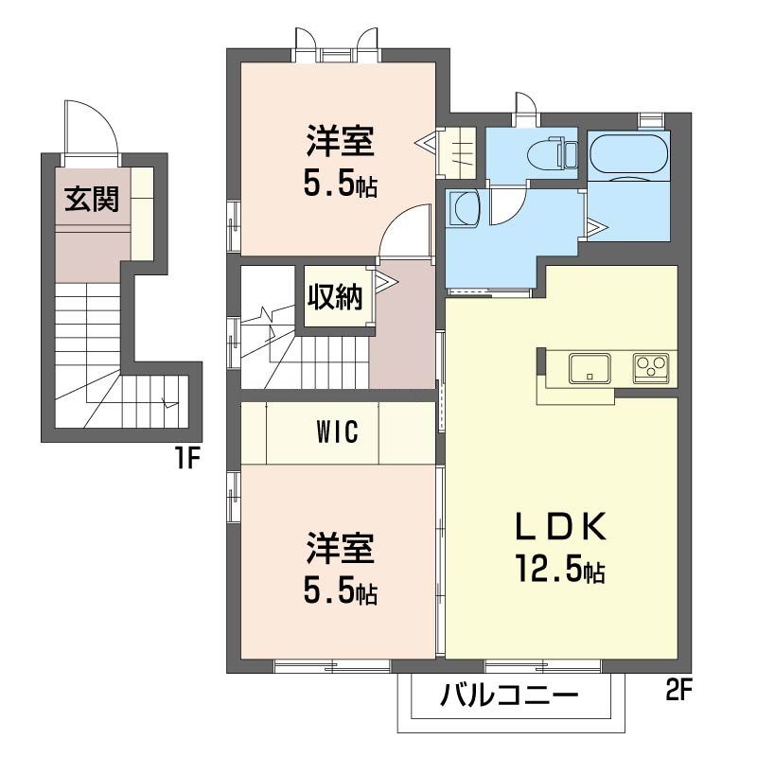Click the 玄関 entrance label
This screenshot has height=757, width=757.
92,199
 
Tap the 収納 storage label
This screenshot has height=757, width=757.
335,297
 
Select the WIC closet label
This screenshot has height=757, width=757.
338,431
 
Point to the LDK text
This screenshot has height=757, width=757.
560,527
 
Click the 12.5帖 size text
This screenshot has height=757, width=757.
560,569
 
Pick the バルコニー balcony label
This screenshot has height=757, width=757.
510,695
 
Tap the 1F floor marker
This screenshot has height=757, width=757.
186,458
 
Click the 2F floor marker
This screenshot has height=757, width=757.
678,690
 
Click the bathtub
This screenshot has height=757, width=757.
629,153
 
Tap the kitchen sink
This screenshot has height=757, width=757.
590,368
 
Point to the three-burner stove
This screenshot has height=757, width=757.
651,368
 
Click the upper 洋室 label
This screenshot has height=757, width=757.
341,141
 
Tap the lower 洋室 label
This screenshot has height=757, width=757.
341,549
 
